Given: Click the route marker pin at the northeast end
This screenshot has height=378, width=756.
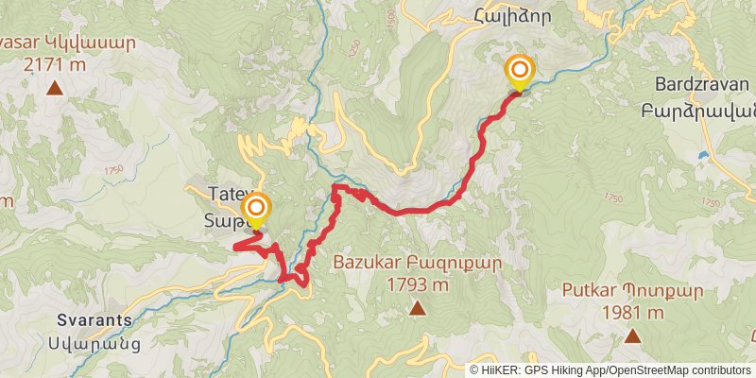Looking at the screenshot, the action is pos(519,72).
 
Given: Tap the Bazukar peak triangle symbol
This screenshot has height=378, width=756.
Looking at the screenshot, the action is pos(417,306).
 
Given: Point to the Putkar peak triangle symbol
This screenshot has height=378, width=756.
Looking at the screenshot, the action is pos(632,335).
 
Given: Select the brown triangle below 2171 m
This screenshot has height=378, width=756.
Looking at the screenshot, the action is pos(55,89).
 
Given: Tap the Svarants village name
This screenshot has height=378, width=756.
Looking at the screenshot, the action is pos(94,319).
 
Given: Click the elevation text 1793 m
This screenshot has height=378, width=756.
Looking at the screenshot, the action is pos(417,284).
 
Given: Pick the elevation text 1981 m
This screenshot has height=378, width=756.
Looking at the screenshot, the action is pos(632,313).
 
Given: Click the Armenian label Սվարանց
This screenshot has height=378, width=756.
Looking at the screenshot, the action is pos(94,342).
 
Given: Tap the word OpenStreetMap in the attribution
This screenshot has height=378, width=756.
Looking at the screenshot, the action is pos(645,369).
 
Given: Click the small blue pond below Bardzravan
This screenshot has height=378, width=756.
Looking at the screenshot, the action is pos(703,154).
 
